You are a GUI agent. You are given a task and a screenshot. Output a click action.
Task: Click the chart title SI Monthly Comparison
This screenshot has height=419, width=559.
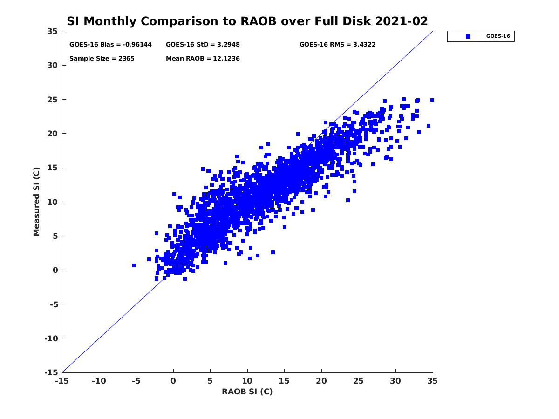247,21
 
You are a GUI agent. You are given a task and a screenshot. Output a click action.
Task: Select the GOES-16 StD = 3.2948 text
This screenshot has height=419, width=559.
203,45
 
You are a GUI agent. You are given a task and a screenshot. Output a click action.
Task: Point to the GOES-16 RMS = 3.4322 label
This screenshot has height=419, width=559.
337,45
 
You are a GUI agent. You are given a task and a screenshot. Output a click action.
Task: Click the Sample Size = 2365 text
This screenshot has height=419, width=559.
102,59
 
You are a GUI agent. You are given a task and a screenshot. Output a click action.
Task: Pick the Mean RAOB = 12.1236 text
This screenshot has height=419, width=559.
203,59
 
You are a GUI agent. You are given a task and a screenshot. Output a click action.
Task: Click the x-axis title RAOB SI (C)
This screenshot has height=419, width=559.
247,392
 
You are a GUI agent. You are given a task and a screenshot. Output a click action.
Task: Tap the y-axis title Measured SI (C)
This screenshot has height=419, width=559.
37,202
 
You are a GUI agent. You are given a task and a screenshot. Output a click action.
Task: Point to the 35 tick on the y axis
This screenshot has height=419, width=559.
52,31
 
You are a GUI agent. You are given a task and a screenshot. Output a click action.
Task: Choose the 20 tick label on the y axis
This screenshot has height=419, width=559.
52,134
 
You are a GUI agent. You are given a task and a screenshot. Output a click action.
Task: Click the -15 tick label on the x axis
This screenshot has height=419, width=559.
61,381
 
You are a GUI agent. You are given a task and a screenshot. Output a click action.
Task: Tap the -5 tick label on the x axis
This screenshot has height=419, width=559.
136,381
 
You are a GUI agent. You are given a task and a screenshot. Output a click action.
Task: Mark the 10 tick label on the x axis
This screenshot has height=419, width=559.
247,381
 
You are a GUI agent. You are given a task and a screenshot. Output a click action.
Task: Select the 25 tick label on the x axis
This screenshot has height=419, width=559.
358,381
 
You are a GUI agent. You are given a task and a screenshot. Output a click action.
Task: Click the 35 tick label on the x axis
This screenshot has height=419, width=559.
432,381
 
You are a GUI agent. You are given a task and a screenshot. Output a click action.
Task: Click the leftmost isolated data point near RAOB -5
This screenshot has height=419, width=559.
134,265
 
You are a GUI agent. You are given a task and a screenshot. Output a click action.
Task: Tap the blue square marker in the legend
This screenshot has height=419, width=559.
468,36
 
